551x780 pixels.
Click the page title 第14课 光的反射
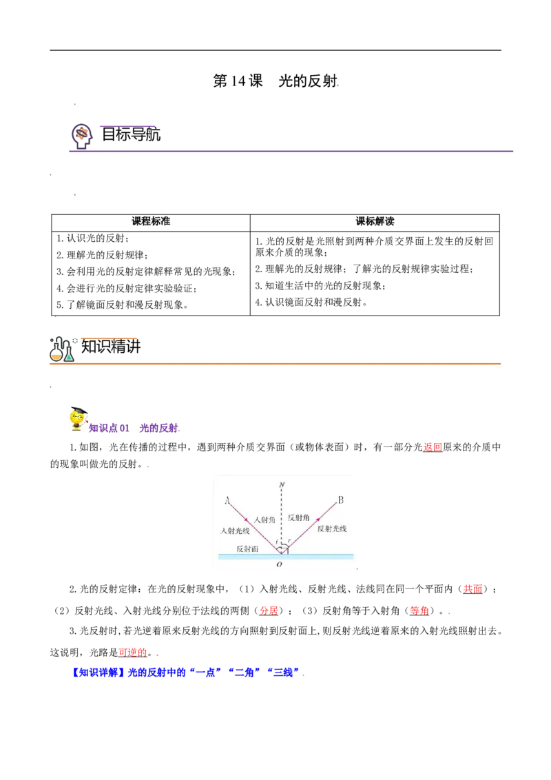(x=275, y=81)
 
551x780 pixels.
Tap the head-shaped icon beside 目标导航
(x=82, y=136)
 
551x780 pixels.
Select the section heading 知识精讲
(x=111, y=346)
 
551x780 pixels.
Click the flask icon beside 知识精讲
(x=62, y=349)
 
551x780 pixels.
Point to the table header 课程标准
(x=151, y=222)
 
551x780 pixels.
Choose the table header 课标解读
(x=375, y=222)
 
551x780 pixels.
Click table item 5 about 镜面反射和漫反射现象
(x=123, y=305)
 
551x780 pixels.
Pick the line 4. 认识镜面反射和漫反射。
(x=311, y=302)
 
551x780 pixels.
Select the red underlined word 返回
(x=433, y=447)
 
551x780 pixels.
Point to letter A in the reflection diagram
(x=227, y=500)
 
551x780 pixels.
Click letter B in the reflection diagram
(x=341, y=500)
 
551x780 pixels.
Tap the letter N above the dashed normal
(x=282, y=484)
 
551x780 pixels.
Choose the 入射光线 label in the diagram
(x=236, y=531)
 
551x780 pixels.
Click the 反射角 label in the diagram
(x=298, y=518)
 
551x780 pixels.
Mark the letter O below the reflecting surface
(x=279, y=564)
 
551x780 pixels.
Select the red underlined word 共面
(x=473, y=589)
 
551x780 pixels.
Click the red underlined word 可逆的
(x=133, y=653)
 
